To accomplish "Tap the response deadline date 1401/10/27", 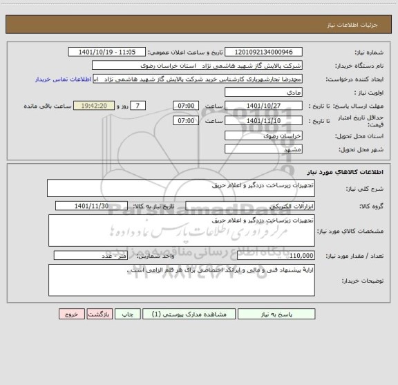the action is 265,105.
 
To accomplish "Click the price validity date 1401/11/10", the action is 265,120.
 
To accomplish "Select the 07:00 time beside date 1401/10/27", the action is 186,105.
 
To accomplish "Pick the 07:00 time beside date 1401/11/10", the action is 186,120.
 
